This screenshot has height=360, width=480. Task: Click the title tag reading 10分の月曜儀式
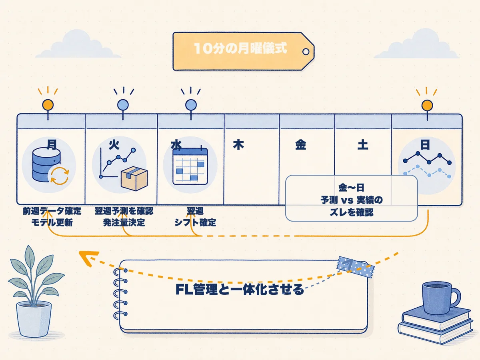(243, 51)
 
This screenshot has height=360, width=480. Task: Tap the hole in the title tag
(306, 52)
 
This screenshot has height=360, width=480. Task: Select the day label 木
(238, 145)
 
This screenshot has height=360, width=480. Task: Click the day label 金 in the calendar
(300, 145)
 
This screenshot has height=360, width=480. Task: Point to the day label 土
(362, 145)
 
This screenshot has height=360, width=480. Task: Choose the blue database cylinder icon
(46, 164)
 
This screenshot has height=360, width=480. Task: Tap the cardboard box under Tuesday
(134, 178)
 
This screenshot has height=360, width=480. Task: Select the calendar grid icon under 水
(190, 166)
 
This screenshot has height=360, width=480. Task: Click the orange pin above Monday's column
(48, 105)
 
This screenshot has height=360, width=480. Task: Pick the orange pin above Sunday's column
(427, 106)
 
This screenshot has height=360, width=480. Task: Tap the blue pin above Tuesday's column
(123, 105)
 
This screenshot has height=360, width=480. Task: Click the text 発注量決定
(124, 223)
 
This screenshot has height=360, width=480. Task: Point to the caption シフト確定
(195, 223)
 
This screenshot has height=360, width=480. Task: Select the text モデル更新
(52, 223)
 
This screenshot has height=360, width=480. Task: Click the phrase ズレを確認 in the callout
(352, 212)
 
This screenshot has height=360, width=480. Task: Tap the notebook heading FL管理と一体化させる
(240, 289)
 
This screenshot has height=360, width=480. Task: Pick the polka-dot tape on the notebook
(356, 267)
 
